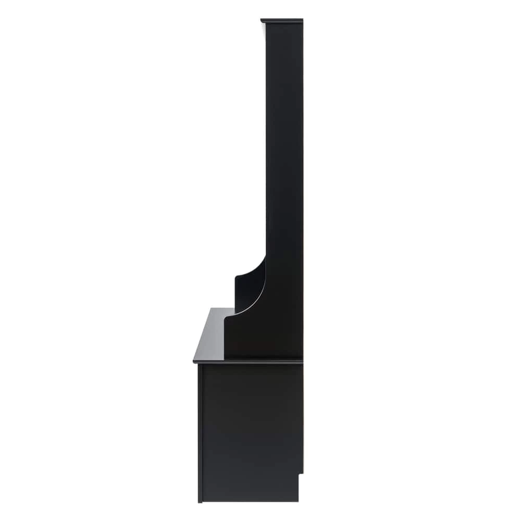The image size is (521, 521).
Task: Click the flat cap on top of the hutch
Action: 282,21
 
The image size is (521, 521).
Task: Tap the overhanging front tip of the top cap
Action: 262,21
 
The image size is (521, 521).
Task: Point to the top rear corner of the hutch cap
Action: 302,20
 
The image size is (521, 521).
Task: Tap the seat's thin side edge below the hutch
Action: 250,361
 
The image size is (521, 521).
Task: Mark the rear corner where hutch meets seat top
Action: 302,358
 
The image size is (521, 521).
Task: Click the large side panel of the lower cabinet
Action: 250,427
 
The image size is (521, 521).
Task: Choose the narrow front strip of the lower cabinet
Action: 200,432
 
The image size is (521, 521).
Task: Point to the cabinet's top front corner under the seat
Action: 199,365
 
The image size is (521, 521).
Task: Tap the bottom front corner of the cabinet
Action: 200,501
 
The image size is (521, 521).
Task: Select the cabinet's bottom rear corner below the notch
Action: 298,500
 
